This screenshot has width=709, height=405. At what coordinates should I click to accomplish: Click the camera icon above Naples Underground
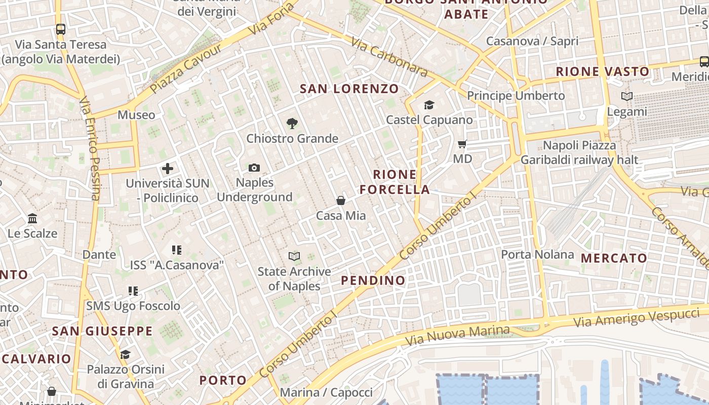pos(254,168)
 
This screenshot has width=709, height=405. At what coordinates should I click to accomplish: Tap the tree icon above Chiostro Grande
pos(292,123)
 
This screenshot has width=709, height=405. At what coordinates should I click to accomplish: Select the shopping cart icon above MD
pos(462,144)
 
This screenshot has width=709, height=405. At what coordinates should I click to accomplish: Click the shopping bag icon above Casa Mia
pos(341,200)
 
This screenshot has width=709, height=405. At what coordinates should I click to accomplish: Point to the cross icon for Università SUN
pos(168,169)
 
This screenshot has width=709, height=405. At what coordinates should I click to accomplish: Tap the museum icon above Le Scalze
pos(33,219)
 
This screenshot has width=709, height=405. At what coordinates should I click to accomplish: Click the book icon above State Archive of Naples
pos(294,256)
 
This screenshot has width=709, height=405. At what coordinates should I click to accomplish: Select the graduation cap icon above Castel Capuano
pos(429,105)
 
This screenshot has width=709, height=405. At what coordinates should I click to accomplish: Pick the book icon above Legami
pos(627,96)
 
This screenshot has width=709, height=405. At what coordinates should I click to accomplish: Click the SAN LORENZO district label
pos(349,89)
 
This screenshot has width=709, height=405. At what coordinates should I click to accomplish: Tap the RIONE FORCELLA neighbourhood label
pos(401,182)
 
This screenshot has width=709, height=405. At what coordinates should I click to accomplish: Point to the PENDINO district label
pos(373,280)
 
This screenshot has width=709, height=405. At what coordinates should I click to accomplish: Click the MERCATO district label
pos(614,258)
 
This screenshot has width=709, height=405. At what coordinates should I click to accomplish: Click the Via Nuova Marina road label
pos(458,335)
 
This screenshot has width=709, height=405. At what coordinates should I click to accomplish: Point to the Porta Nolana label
pos(537,254)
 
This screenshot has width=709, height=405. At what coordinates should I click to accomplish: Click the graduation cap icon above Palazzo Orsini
pos(125,354)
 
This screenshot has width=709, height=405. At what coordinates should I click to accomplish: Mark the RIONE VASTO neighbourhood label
pos(603,71)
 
